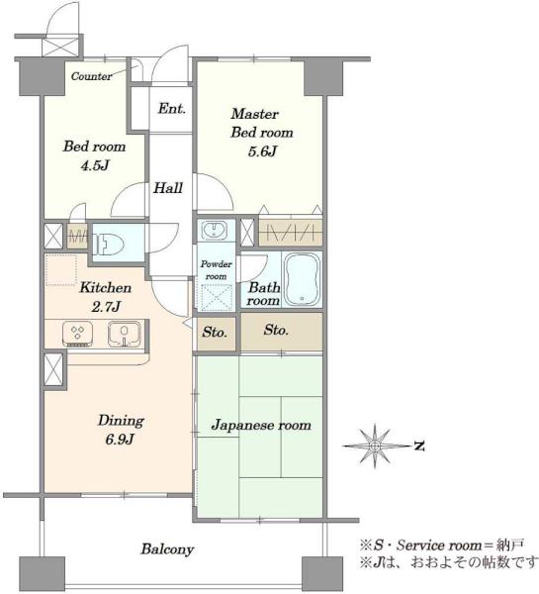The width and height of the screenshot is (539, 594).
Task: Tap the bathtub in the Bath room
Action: point(302,279)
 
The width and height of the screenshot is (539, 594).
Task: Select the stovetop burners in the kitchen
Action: point(77,334)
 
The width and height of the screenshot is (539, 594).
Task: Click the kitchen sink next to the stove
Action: point(125,334)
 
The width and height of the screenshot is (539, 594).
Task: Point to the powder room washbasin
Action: point(215,230)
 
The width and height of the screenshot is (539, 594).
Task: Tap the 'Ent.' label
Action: point(172,109)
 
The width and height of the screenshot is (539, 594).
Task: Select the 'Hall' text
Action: point(168,188)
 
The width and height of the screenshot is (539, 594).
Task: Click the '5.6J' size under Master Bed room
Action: point(262,151)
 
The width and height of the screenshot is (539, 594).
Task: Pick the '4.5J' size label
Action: point(95,165)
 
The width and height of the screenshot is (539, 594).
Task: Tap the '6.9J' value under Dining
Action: point(120,440)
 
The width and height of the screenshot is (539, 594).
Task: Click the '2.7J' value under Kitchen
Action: point(106,307)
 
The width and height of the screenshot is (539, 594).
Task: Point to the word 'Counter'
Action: point(92,76)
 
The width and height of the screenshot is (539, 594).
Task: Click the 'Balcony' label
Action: point(167,549)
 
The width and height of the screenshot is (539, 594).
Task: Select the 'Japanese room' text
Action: point(261,425)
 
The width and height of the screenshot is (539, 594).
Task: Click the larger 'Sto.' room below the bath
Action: point(282,331)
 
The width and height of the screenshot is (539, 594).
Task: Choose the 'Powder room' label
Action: point(217,270)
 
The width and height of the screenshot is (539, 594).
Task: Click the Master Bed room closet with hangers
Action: point(291,232)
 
